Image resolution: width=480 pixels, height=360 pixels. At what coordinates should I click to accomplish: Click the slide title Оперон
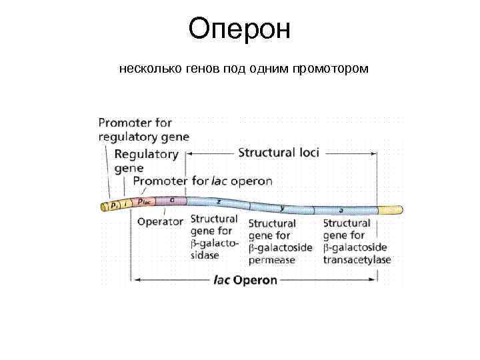(239, 29)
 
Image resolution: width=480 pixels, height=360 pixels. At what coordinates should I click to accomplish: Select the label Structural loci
(279, 153)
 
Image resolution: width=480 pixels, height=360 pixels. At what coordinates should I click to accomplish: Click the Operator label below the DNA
(160, 222)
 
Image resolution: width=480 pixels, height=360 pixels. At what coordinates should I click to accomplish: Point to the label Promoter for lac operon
(203, 181)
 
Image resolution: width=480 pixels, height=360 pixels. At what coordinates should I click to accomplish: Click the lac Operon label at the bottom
(245, 280)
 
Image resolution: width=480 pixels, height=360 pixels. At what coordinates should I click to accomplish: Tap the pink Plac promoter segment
(146, 201)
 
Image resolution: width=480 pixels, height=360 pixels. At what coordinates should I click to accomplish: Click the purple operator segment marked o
(173, 199)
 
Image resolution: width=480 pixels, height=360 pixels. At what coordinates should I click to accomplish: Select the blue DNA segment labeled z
(217, 202)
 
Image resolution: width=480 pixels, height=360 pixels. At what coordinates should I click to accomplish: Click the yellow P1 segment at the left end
(113, 205)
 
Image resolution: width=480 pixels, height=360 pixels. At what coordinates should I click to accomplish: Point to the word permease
(271, 260)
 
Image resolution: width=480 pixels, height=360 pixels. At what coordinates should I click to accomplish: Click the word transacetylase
(357, 259)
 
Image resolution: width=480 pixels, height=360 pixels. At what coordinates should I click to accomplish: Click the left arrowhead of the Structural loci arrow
(189, 153)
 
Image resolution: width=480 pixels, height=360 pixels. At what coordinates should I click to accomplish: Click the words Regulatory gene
(146, 161)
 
